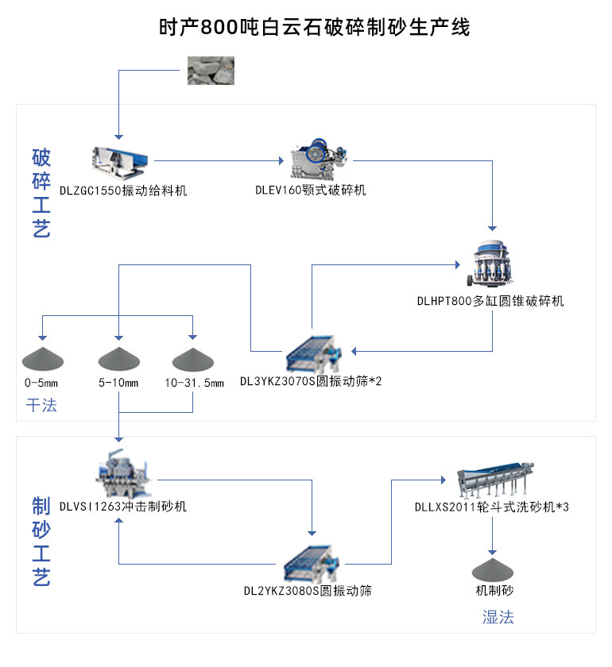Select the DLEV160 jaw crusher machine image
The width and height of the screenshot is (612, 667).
(316, 161)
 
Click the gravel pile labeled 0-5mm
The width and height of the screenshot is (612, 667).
(41, 360)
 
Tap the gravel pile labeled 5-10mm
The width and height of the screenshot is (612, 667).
(119, 360)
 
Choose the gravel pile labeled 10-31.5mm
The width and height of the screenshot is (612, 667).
(193, 360)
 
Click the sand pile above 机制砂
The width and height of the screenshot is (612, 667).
(493, 569)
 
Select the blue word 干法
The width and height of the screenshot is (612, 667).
(41, 405)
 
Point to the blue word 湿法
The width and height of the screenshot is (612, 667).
(498, 616)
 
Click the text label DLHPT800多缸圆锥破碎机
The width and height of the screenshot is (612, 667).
(490, 302)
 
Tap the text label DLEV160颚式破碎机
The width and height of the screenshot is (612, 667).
(310, 191)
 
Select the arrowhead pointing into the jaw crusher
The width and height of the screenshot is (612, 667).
(280, 161)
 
